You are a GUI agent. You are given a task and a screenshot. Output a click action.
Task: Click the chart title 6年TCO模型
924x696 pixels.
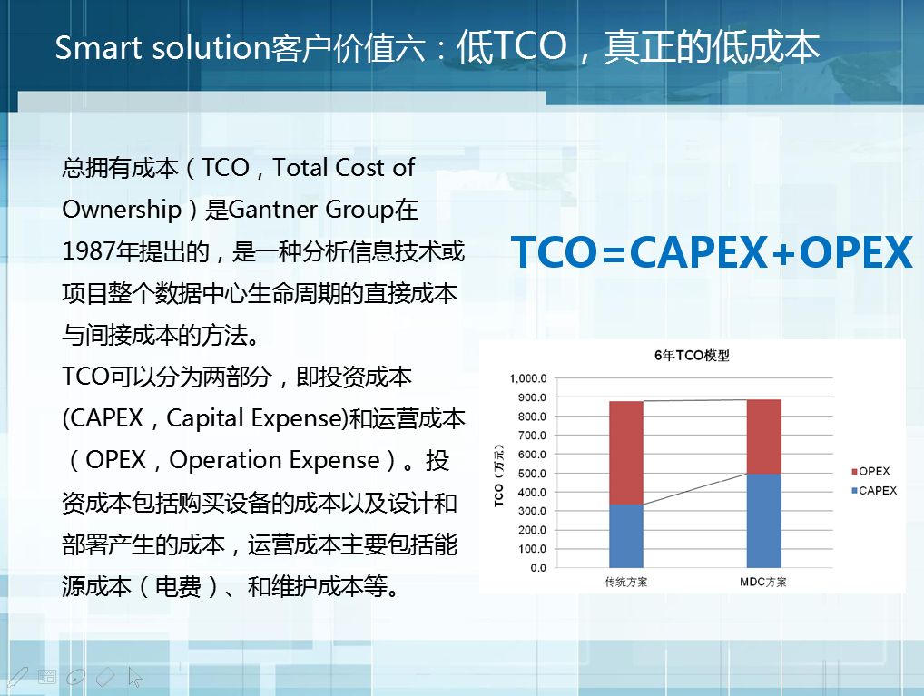pyautogui.click(x=692, y=356)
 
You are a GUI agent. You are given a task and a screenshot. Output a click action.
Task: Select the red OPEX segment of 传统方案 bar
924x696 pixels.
pyautogui.click(x=625, y=453)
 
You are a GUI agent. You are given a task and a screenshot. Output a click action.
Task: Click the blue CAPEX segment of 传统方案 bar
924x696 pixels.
pyautogui.click(x=625, y=535)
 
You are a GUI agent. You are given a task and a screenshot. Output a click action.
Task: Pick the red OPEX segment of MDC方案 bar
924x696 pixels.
pyautogui.click(x=763, y=436)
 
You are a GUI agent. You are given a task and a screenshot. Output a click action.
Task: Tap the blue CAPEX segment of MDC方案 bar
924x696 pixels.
pyautogui.click(x=763, y=520)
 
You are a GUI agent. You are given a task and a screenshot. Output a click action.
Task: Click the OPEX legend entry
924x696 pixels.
pyautogui.click(x=870, y=472)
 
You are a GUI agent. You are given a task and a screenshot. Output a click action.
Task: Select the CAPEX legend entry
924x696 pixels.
pyautogui.click(x=874, y=491)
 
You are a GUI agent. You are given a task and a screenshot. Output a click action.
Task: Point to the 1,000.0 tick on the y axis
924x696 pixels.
pyautogui.click(x=528, y=378)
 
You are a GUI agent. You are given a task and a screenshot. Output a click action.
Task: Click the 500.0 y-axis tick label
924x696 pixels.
pyautogui.click(x=532, y=474)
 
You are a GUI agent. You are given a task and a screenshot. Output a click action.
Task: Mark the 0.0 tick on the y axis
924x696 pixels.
pyautogui.click(x=538, y=568)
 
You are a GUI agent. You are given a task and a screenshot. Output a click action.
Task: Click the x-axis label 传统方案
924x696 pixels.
pyautogui.click(x=625, y=583)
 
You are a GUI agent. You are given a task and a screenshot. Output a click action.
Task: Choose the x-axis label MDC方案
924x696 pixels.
pyautogui.click(x=763, y=583)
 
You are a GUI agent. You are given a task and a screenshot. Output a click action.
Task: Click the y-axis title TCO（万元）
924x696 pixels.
pyautogui.click(x=499, y=475)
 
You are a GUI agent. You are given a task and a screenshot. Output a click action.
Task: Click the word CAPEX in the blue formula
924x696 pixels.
pyautogui.click(x=699, y=252)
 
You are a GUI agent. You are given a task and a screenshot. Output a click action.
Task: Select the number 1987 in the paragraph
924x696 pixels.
pyautogui.click(x=88, y=251)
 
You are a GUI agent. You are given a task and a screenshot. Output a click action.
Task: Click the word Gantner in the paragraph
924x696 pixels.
pyautogui.click(x=274, y=210)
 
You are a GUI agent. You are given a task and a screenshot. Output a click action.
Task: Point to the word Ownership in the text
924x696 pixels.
pyautogui.click(x=122, y=211)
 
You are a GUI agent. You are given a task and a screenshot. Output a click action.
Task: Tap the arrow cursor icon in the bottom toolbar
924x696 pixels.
pyautogui.click(x=135, y=678)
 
